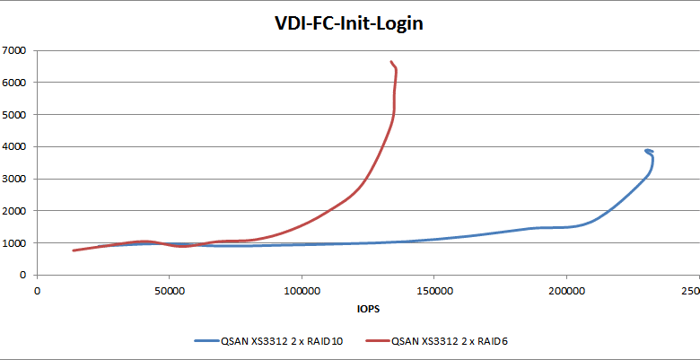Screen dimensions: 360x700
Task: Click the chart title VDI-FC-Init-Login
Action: click(x=348, y=24)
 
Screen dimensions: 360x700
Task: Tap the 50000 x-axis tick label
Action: click(x=170, y=291)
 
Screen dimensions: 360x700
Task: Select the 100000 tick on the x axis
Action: click(x=302, y=291)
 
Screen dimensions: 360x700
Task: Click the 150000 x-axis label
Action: click(x=433, y=291)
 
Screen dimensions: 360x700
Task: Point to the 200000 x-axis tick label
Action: click(x=565, y=291)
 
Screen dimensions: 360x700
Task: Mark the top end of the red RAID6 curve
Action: click(x=390, y=62)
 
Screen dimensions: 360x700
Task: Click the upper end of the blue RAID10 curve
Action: click(x=645, y=151)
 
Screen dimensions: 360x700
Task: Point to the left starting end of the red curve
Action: click(x=74, y=250)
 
